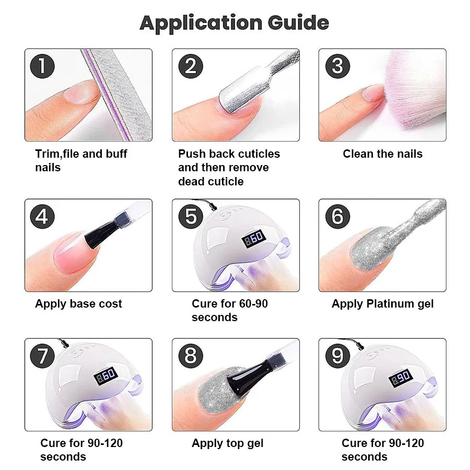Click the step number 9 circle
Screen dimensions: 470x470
point(337,356)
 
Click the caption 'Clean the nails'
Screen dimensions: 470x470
point(382,154)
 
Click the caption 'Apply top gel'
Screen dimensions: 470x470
point(227,443)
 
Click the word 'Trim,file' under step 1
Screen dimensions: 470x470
point(57,154)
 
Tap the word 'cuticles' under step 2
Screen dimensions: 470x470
point(256,154)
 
